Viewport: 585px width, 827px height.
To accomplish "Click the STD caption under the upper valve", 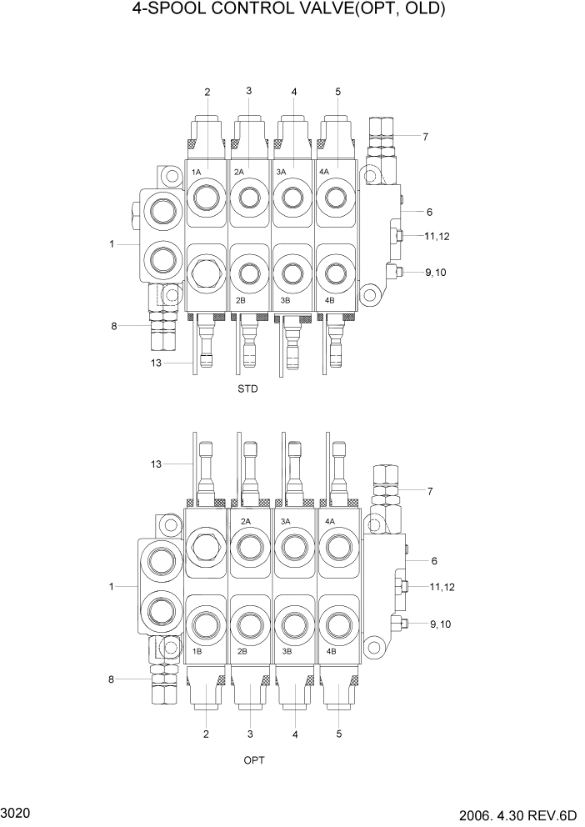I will point(247,388).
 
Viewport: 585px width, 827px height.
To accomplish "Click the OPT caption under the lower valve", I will point(253,760).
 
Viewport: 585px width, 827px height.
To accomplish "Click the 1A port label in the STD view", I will point(197,171).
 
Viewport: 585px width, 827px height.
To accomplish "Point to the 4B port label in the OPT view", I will point(331,650).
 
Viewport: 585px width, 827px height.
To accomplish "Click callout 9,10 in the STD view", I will point(436,272).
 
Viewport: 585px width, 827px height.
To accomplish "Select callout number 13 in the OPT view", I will point(153,463).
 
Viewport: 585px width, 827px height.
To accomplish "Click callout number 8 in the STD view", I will point(113,325).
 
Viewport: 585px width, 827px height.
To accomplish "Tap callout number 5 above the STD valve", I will point(337,92).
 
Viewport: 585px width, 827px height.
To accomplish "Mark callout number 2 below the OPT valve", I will point(206,734).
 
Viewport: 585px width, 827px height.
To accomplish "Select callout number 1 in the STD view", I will point(111,244).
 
